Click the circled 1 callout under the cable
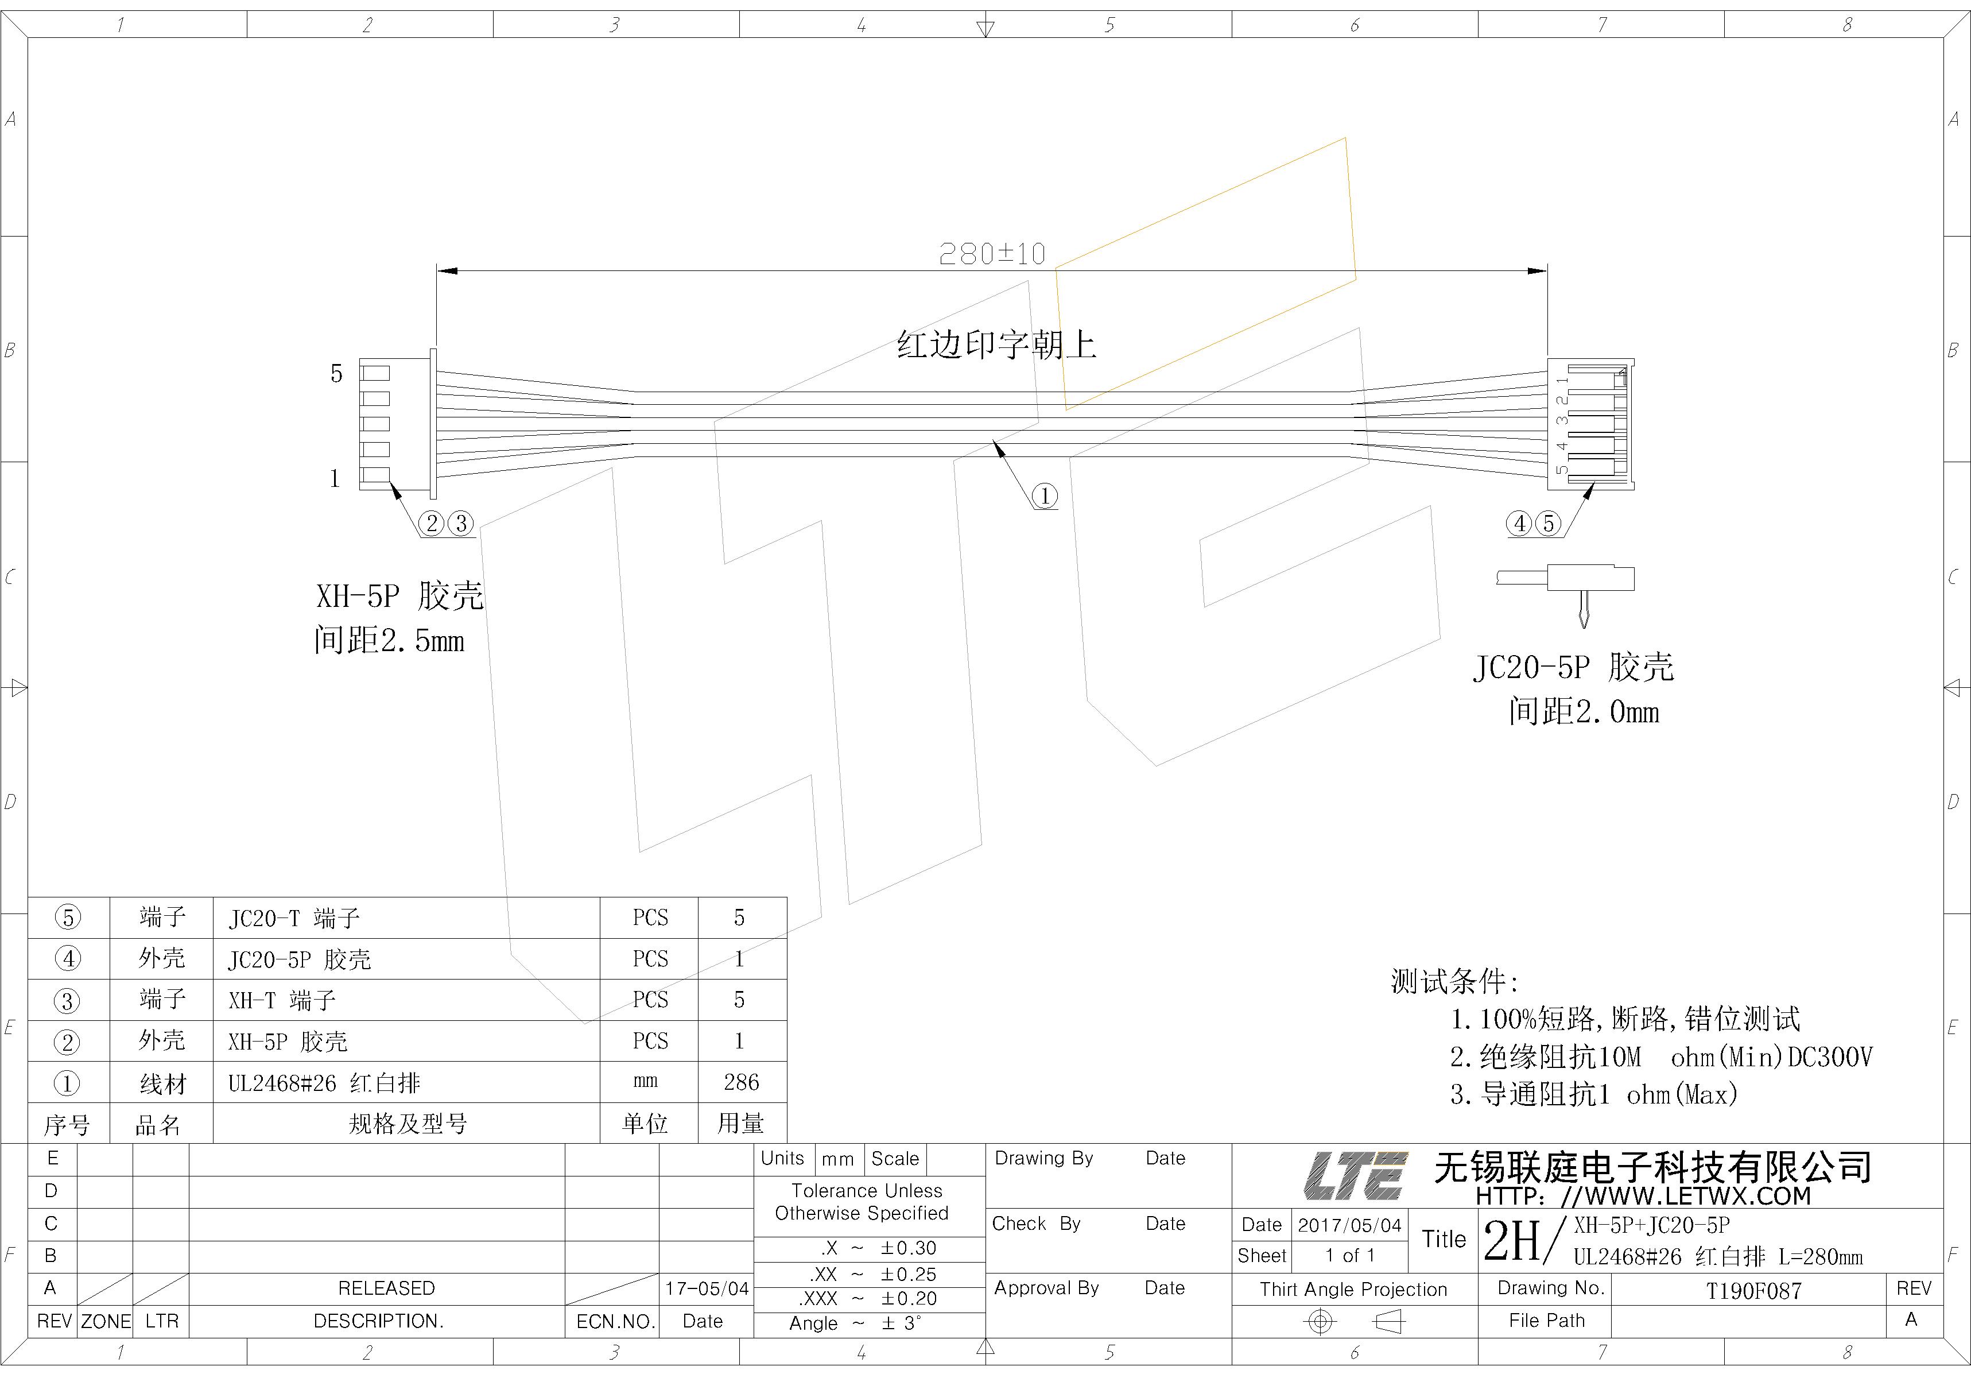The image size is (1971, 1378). click(1045, 496)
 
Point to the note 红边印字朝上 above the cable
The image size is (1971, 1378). click(996, 345)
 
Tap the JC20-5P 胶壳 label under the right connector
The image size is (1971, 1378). click(1574, 667)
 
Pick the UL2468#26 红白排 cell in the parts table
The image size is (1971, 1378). click(324, 1083)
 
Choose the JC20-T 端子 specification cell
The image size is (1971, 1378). click(294, 919)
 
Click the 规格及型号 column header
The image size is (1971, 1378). click(408, 1124)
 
